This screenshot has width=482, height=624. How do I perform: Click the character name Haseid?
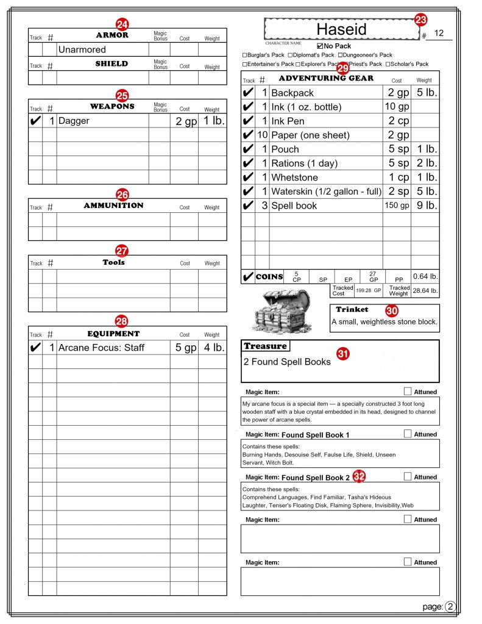(x=342, y=29)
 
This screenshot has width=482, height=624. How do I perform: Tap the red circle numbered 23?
(x=421, y=20)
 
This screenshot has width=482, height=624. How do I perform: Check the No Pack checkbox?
(x=321, y=46)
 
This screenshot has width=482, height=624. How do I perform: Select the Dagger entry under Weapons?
(x=74, y=121)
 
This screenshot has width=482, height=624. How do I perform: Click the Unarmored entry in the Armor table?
(x=82, y=49)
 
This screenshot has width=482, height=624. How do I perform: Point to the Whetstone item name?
(x=294, y=178)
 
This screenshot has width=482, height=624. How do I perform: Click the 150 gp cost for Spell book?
(x=396, y=206)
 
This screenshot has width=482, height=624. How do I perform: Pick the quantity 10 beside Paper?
(x=263, y=135)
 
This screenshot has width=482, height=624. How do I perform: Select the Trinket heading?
(x=352, y=309)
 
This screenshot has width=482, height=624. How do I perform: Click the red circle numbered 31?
(x=343, y=353)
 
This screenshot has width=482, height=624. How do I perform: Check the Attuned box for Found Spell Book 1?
(x=408, y=434)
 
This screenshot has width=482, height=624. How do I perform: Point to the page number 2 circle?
(x=450, y=606)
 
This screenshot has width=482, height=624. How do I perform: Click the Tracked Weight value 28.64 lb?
(x=425, y=291)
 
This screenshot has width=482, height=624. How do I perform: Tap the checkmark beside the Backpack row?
(x=248, y=93)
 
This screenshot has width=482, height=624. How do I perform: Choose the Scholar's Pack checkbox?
(x=388, y=64)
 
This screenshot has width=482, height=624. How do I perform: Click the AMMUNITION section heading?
(x=113, y=206)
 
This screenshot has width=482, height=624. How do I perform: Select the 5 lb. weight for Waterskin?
(x=425, y=192)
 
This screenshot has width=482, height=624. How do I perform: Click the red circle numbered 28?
(x=122, y=321)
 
